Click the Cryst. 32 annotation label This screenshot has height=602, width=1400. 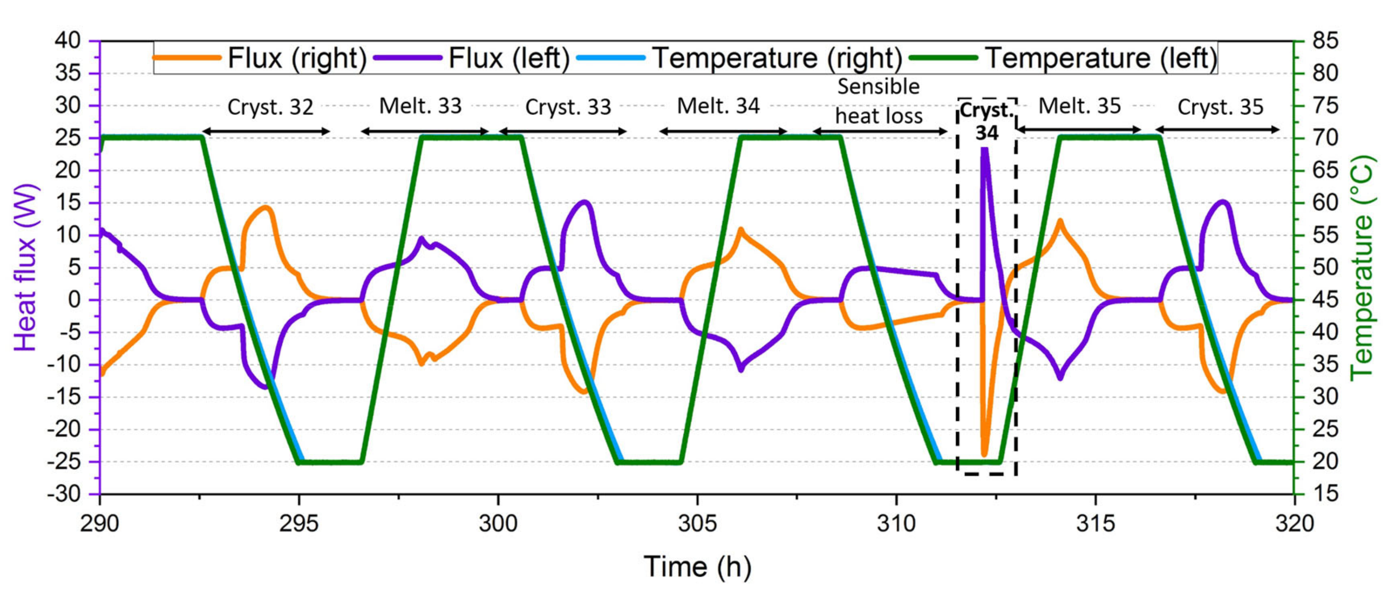tap(270, 107)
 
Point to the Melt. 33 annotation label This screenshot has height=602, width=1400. tap(420, 106)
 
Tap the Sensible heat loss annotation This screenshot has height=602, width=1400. tap(878, 101)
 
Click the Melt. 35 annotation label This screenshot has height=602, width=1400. tap(1079, 106)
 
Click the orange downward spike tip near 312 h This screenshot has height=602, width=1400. tap(984, 454)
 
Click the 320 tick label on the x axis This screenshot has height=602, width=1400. tap(1294, 523)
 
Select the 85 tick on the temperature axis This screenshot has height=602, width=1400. tap(1325, 41)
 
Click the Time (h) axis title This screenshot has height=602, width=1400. tap(697, 567)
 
